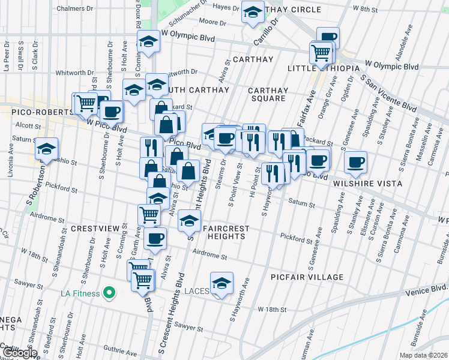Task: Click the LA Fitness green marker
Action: point(109,293)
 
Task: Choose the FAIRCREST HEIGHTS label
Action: point(223,232)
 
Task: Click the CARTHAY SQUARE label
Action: point(268,94)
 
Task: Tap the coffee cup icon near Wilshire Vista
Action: point(355,161)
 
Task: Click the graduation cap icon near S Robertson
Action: point(46,149)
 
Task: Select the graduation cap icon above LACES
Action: point(221,282)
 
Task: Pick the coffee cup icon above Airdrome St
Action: point(155,238)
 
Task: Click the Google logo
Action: point(20,352)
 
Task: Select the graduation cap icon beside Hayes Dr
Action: point(253,10)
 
